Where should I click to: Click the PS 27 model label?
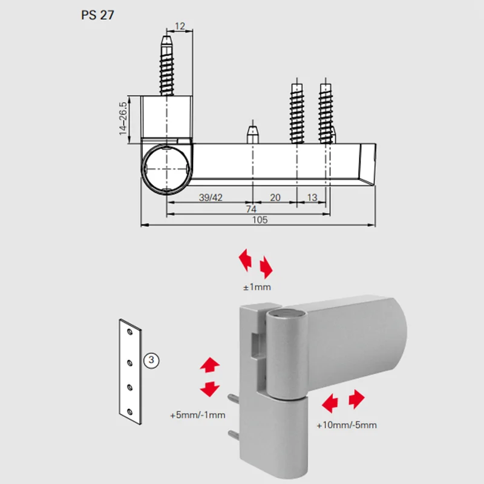(97, 15)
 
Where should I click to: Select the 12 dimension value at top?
(180, 26)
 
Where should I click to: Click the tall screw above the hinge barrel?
(168, 67)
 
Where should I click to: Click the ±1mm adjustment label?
(257, 286)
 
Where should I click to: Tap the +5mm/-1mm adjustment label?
(197, 415)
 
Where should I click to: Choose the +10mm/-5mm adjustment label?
(346, 425)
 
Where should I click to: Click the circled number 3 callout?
(151, 361)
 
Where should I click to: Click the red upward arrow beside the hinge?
(209, 365)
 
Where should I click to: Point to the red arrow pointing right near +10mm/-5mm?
(356, 399)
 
